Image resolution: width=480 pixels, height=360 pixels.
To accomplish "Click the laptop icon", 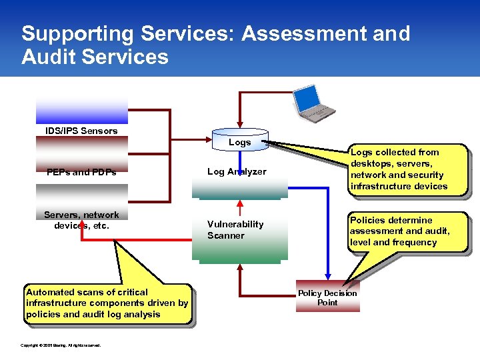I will tap(314, 103).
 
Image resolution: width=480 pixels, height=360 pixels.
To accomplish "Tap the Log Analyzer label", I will tap(237, 172).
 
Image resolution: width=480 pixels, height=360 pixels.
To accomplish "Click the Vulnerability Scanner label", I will tap(235, 230).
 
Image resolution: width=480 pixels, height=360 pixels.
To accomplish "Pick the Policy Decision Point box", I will tap(327, 297).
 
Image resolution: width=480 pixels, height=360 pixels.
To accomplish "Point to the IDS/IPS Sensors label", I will tap(81, 131).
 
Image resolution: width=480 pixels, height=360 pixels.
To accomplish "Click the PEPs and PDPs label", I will tap(81, 172).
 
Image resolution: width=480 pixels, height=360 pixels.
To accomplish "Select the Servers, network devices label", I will tap(81, 220).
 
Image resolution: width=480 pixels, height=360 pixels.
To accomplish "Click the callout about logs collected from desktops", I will tap(399, 169).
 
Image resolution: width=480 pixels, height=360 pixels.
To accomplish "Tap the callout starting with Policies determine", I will tap(400, 231).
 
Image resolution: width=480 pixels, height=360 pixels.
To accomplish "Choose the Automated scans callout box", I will tap(107, 303).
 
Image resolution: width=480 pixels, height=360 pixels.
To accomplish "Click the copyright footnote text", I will tap(61, 345).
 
